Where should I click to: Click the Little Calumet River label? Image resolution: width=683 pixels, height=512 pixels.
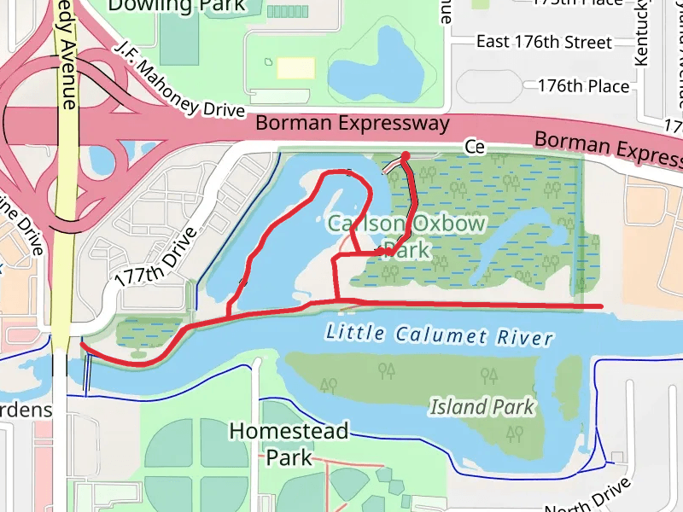440,335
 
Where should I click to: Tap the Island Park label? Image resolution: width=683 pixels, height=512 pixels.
482,407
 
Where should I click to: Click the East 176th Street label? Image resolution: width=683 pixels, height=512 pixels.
544,42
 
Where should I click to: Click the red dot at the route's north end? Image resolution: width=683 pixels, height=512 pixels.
406,156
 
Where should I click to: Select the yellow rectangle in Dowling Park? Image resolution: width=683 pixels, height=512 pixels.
295,67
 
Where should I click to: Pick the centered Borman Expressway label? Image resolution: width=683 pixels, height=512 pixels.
353,124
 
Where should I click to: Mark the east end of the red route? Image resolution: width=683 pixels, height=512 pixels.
602,305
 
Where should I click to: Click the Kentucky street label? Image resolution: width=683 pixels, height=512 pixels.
642,34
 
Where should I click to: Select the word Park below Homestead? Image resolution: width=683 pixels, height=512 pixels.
289,457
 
